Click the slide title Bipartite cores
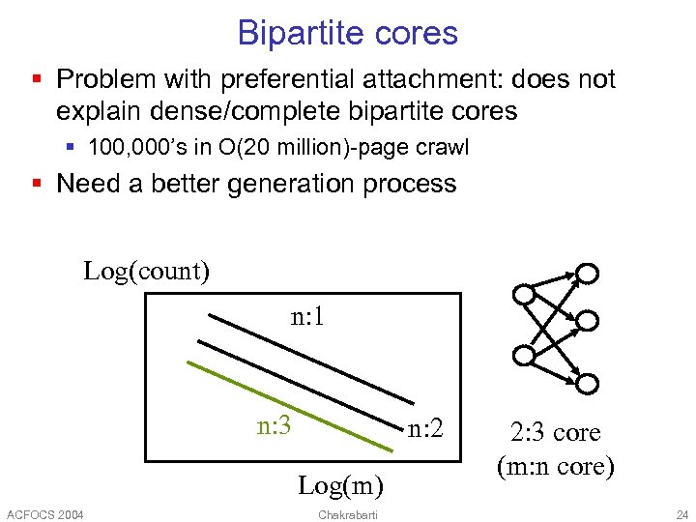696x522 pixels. [347, 33]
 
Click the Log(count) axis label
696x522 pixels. [147, 270]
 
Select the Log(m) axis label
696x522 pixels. [340, 483]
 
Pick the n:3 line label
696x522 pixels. [275, 424]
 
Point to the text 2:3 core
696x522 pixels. [555, 432]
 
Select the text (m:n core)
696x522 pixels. [555, 466]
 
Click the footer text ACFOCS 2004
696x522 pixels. [44, 512]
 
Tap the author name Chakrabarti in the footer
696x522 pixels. [348, 512]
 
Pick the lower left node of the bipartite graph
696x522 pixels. [523, 355]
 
